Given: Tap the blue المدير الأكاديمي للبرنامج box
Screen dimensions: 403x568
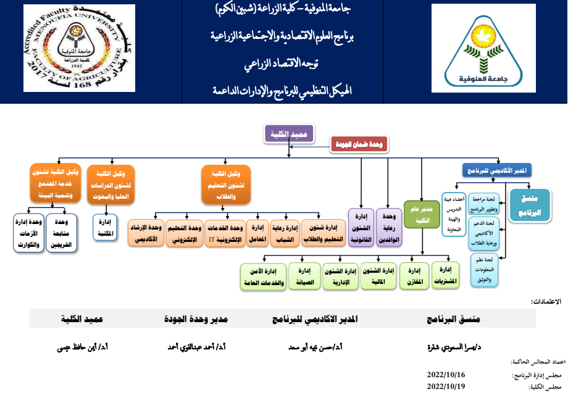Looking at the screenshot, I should (497, 169).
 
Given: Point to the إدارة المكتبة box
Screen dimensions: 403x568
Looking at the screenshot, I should (104, 228).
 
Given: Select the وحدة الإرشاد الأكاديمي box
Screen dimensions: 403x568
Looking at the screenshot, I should (146, 233).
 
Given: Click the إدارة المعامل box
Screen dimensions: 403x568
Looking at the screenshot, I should (258, 233).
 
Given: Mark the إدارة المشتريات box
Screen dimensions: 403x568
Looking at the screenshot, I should (446, 275).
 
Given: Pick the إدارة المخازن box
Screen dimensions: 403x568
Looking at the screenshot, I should (415, 275).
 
